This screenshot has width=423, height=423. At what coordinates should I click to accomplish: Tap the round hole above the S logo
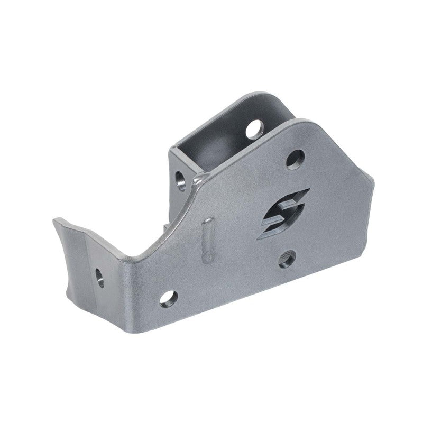pos(295,159)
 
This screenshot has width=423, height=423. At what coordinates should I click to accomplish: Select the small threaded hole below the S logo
pos(286,259)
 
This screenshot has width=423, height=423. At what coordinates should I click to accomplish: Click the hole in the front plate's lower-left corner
pos(169,297)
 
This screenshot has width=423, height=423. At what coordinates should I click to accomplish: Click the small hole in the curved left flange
pos(99,277)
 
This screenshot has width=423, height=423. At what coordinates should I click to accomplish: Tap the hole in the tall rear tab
pos(255,128)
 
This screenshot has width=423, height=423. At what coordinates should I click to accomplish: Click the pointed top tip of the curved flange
pos(54,221)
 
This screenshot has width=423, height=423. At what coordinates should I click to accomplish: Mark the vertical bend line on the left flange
pos(85,259)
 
